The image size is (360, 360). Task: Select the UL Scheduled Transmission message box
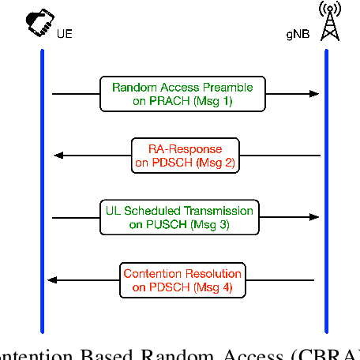coord(180,217)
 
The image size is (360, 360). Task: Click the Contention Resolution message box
coord(182,279)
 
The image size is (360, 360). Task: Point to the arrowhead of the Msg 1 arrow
coord(315,93)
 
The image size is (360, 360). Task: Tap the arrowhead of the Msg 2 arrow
coord(58,155)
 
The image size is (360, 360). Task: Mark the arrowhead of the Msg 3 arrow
coord(315,217)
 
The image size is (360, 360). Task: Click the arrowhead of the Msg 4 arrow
coord(53,279)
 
